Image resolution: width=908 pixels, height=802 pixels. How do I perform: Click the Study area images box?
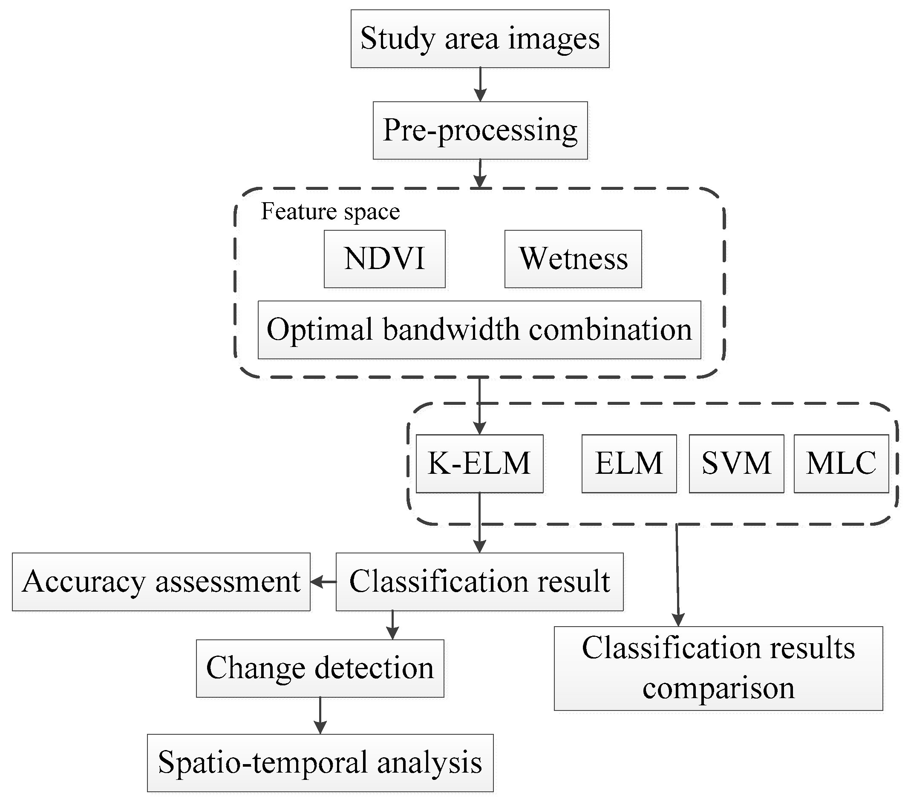click(480, 39)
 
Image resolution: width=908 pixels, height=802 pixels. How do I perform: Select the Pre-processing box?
click(480, 131)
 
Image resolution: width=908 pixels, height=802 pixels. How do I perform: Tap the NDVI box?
click(384, 259)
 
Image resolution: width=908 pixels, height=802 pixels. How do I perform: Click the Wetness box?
click(573, 259)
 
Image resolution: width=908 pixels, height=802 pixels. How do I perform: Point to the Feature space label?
click(330, 211)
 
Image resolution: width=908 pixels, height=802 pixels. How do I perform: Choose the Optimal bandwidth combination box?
click(479, 330)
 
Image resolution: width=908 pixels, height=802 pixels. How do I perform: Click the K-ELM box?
click(479, 463)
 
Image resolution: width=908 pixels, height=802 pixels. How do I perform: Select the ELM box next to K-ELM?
click(628, 463)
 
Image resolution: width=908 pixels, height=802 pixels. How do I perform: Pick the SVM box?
click(736, 463)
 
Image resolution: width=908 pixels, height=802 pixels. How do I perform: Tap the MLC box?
click(841, 463)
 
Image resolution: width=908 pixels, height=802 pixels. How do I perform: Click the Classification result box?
click(479, 581)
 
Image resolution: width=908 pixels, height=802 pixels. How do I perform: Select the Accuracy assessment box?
click(161, 581)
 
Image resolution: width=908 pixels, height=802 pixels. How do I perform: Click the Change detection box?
click(320, 668)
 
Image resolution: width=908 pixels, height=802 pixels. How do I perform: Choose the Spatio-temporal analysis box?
click(320, 762)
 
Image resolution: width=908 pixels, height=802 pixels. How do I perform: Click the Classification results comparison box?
click(718, 668)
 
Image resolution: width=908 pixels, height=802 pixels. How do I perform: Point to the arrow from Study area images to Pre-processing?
click(480, 84)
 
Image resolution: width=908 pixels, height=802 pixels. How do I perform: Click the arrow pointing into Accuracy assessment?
click(323, 582)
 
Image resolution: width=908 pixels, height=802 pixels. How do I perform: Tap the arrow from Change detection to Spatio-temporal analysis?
click(320, 715)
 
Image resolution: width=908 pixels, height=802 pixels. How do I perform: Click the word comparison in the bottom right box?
click(718, 688)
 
